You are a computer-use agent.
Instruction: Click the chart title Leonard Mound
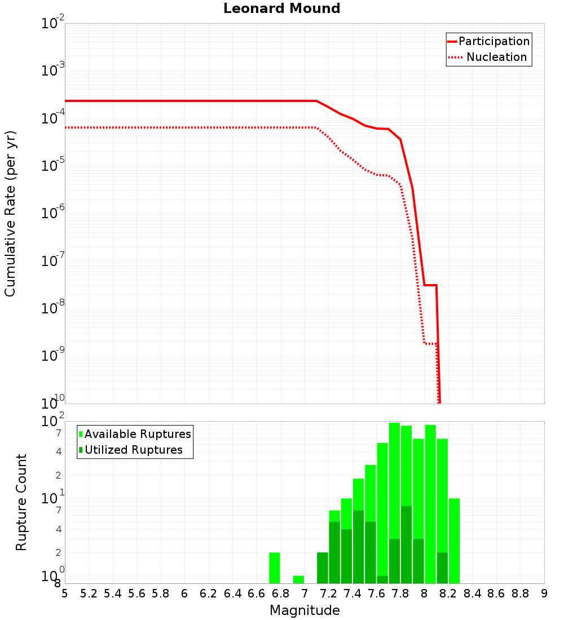(282, 9)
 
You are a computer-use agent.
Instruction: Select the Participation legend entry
(493, 41)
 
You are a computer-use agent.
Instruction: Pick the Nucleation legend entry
(496, 57)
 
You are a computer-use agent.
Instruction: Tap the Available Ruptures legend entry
(138, 434)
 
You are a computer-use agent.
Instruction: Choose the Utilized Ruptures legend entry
(133, 450)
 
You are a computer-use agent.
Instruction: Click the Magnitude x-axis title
(305, 610)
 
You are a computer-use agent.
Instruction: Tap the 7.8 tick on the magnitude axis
(400, 594)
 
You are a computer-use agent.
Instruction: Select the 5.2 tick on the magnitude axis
(89, 594)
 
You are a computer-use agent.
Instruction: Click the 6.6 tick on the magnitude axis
(257, 594)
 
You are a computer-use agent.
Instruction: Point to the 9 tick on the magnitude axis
(544, 594)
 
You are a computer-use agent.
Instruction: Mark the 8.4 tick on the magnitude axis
(472, 594)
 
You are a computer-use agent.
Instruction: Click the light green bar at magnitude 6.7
(275, 568)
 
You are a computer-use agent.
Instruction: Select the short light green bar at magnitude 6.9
(298, 579)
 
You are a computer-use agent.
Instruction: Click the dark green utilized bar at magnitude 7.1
(323, 568)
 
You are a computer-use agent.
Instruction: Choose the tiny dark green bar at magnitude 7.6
(382, 579)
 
